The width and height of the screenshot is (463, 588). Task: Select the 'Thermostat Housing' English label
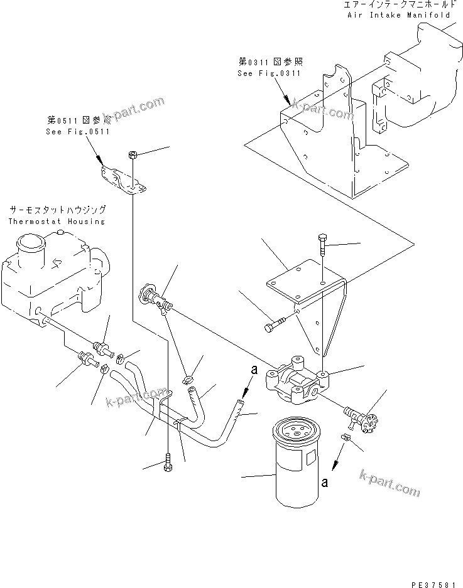coord(57,222)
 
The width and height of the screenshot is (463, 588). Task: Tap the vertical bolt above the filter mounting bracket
coord(322,246)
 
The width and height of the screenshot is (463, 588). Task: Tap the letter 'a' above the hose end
coord(254,371)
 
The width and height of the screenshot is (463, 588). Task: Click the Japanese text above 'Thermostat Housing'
coord(57,210)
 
